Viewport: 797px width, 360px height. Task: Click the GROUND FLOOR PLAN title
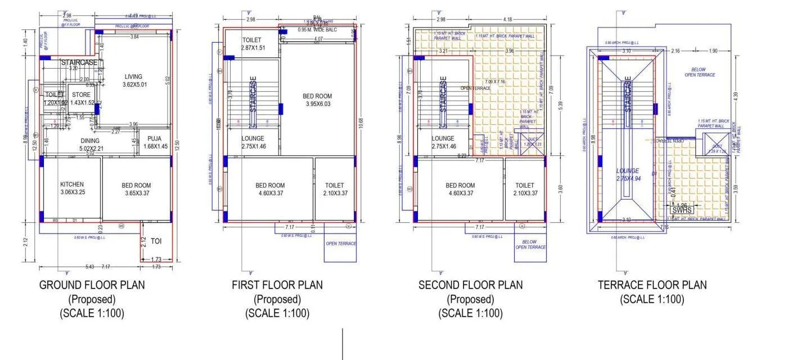[x=92, y=285]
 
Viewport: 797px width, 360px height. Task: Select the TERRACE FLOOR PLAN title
[x=652, y=285]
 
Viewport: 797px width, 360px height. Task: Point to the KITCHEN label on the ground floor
[x=72, y=184]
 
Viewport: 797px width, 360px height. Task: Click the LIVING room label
[x=133, y=76]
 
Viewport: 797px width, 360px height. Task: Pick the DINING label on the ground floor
[x=90, y=141]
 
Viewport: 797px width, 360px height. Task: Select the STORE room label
[x=82, y=94]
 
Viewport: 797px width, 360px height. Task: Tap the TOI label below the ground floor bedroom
[x=156, y=241]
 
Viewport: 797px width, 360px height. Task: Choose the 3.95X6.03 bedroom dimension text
[x=318, y=104]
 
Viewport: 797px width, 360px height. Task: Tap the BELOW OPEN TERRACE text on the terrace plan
[x=699, y=71]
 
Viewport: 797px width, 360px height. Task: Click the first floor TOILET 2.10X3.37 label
[x=335, y=189]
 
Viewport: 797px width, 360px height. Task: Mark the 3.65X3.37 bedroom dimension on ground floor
[x=136, y=193]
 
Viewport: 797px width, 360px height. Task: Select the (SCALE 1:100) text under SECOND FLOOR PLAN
[x=470, y=313]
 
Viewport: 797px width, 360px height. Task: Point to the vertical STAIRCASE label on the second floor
[x=443, y=94]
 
